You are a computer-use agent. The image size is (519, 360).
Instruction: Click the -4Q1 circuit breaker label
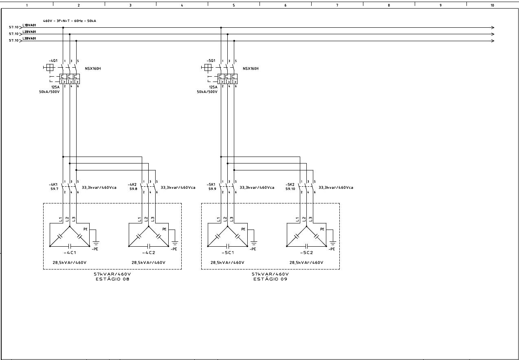tap(53, 60)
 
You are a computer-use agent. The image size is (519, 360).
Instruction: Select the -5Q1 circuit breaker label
tap(211, 60)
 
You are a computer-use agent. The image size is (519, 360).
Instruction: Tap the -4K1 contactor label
tap(54, 184)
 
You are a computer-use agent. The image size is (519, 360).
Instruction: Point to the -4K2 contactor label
tap(133, 184)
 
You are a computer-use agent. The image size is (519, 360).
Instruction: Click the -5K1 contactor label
tap(212, 184)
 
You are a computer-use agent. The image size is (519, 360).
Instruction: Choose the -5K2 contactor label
tap(290, 184)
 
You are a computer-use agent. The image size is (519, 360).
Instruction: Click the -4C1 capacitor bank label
tap(70, 252)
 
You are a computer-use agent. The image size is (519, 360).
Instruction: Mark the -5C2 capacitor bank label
tap(306, 252)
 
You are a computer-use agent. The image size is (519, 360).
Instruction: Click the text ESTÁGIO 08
tap(112, 279)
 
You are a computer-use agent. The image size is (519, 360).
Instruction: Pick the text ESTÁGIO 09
tap(270, 279)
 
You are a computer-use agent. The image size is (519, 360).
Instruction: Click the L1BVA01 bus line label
tap(29, 25)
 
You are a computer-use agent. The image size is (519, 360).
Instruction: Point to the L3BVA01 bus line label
tap(29, 38)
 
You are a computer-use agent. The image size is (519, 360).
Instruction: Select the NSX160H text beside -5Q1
tap(251, 68)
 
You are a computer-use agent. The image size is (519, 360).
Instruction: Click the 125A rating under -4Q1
tap(55, 87)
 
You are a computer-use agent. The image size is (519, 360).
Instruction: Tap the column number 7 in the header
tap(337, 6)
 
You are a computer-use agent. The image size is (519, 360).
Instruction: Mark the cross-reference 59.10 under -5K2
tap(290, 189)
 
